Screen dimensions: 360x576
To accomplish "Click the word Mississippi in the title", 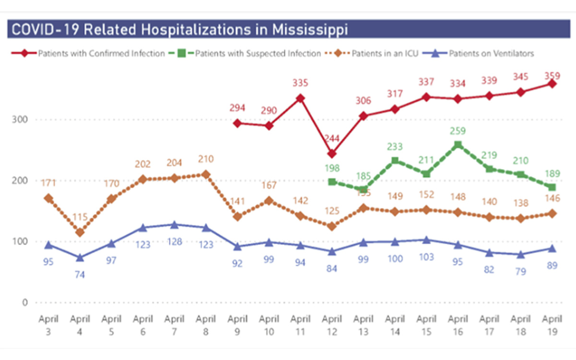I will (x=310, y=29).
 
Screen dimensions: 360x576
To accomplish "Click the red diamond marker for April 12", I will (x=332, y=154).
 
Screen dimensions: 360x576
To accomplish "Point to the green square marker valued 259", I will (x=458, y=144).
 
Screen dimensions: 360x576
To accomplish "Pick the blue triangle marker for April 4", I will (x=80, y=258).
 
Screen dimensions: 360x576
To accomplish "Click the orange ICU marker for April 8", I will (x=206, y=174).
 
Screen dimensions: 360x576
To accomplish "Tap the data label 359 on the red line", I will (x=552, y=76).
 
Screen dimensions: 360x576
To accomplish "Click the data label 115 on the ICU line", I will (x=80, y=217).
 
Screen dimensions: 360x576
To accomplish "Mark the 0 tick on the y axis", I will (x=24, y=302).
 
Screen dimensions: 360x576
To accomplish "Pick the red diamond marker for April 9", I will (x=237, y=123).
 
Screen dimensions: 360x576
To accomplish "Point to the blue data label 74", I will (x=80, y=275).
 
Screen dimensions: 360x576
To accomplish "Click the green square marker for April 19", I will (x=552, y=187).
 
